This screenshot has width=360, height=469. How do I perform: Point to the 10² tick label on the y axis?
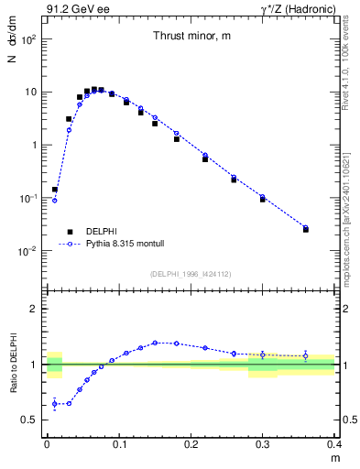(29, 40)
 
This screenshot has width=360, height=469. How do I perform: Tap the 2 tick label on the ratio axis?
(36, 309)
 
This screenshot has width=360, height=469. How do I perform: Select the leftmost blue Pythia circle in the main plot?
(54, 200)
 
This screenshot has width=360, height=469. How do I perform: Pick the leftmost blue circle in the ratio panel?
(54, 403)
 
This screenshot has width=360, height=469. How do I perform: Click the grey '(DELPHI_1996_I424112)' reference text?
(190, 273)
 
